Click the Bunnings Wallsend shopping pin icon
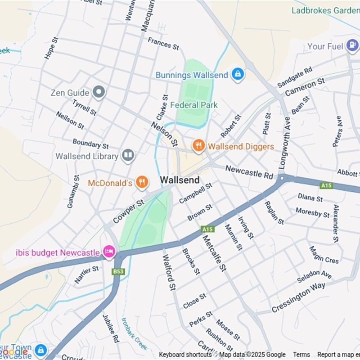[238, 74]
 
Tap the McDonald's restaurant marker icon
[142, 182]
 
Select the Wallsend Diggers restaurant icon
[198, 146]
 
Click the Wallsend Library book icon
[128, 156]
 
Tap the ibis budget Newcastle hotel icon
[109, 252]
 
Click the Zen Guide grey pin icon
[99, 93]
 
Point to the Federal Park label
[194, 105]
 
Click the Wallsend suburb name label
[180, 180]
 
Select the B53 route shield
[118, 271]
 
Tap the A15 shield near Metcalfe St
[207, 229]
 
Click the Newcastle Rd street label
[249, 171]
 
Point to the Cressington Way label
[298, 298]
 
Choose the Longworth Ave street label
[284, 143]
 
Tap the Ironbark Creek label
[134, 334]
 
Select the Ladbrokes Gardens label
[325, 10]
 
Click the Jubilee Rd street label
[110, 328]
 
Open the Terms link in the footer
[301, 355]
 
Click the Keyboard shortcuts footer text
[185, 355]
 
